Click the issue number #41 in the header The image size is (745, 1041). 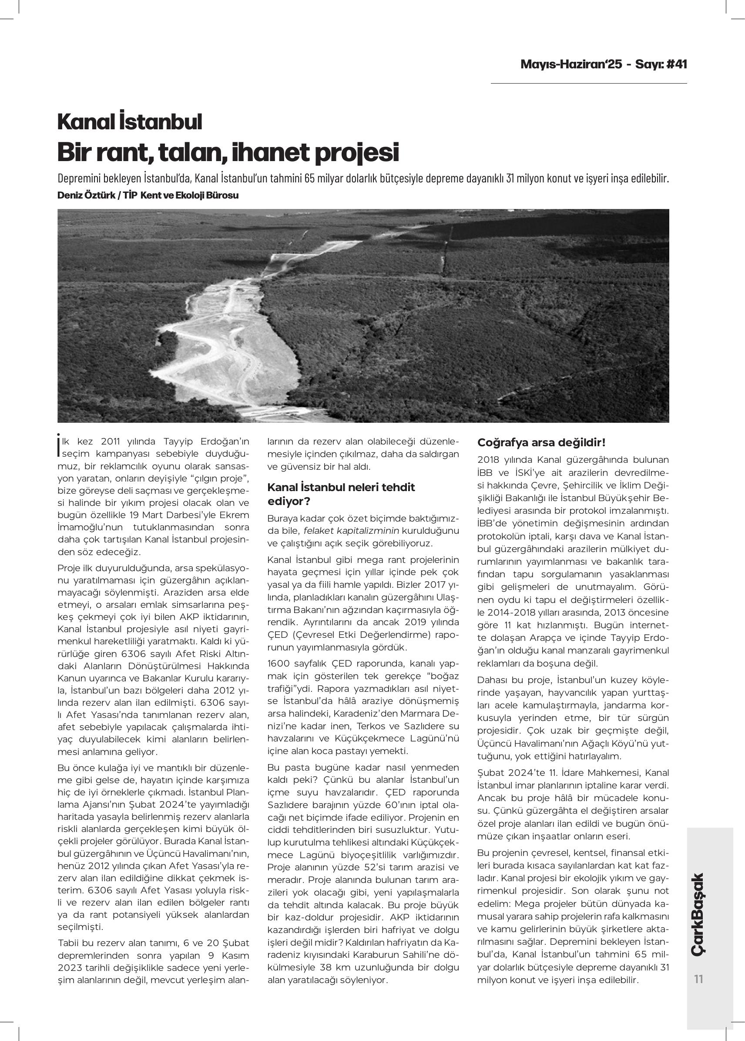coord(676,64)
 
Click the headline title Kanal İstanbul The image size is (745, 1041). coord(129,121)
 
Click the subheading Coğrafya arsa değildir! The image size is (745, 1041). coord(541,442)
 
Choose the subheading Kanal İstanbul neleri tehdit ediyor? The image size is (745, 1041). coord(341,493)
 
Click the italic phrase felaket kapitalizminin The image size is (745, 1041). coord(352,531)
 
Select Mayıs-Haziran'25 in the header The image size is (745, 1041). coord(571,64)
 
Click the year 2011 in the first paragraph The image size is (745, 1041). coord(110,441)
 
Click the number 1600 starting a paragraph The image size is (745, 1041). coord(278,664)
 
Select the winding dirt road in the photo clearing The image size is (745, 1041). coord(215,349)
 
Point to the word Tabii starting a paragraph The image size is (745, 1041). coord(69,943)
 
